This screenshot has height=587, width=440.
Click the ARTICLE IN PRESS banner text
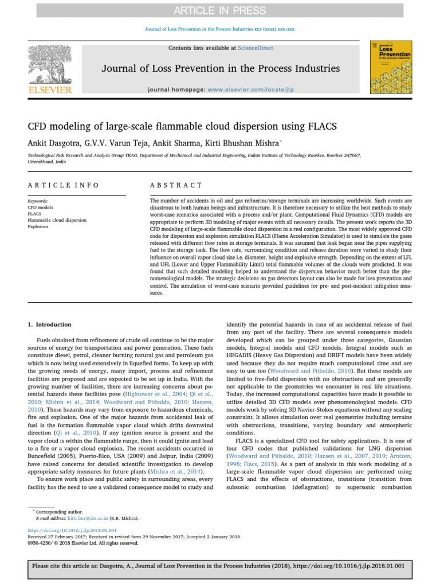coord(221,11)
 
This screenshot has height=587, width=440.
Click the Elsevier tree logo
coord(50,63)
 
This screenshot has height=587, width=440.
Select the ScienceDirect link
coord(257,48)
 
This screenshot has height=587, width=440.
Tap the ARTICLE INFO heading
coord(64,185)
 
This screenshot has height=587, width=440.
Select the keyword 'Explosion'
coord(38,226)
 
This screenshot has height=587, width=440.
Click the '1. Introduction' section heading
coord(50,324)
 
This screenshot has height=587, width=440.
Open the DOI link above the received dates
coord(72,531)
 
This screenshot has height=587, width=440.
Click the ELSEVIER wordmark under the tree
coord(50,90)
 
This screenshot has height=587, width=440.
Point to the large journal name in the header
coord(221,69)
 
